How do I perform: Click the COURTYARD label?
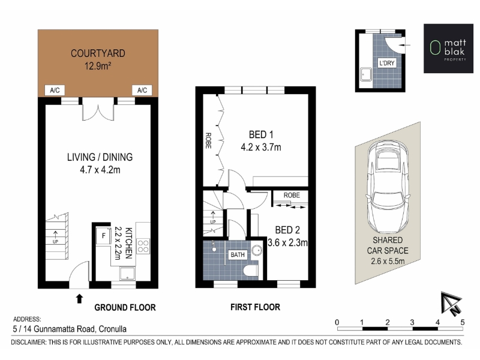[x=98, y=53]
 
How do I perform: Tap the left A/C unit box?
[x=55, y=91]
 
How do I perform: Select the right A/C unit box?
[x=142, y=91]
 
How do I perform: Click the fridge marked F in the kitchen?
[x=103, y=236]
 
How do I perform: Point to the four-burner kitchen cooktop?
[x=143, y=247]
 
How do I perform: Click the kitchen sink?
[x=127, y=274]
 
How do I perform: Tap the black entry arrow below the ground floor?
[x=79, y=298]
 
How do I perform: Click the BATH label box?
[x=238, y=254]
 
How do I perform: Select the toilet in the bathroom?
[x=251, y=271]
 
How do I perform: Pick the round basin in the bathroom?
[x=257, y=251]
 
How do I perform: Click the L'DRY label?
[x=387, y=63]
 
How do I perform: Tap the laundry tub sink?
[x=366, y=74]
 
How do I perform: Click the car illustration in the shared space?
[x=388, y=187]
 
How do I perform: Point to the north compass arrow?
[x=451, y=304]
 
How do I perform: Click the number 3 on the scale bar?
[x=412, y=322]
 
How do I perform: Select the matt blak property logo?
[x=448, y=49]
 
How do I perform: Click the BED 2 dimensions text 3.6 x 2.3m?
[x=287, y=243]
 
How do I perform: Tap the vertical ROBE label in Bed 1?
[x=208, y=140]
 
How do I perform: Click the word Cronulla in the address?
[x=112, y=329]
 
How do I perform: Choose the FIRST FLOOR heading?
[x=256, y=307]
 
